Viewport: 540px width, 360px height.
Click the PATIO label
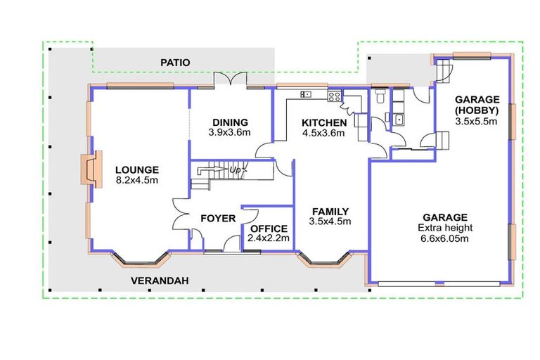[x=175, y=63]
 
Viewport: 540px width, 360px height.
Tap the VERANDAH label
[x=160, y=281]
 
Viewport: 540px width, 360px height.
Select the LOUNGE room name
[x=137, y=170]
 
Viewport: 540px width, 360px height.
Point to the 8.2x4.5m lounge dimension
[x=137, y=180]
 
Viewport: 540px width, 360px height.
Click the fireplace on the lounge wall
[x=91, y=169]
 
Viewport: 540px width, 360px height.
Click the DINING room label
[x=230, y=122]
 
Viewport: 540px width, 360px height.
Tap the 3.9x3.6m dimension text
[x=229, y=132]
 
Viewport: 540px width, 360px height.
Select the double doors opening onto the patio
[x=231, y=79]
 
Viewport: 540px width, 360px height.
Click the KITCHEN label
[x=324, y=123]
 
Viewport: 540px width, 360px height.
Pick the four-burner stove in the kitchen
[x=335, y=96]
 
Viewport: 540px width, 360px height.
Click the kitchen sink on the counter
[x=306, y=94]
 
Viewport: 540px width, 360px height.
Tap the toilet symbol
[x=380, y=96]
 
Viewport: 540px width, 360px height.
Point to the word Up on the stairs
[x=236, y=170]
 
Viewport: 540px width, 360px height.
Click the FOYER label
[x=218, y=219]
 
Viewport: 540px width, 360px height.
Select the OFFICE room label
[x=269, y=229]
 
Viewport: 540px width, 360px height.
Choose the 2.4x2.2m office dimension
[x=269, y=238]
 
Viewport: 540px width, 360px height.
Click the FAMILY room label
[x=330, y=212]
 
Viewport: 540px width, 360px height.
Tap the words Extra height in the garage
[x=445, y=228]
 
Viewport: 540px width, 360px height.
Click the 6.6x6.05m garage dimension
[x=444, y=238]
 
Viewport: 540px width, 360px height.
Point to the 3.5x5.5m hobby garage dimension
[x=476, y=121]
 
